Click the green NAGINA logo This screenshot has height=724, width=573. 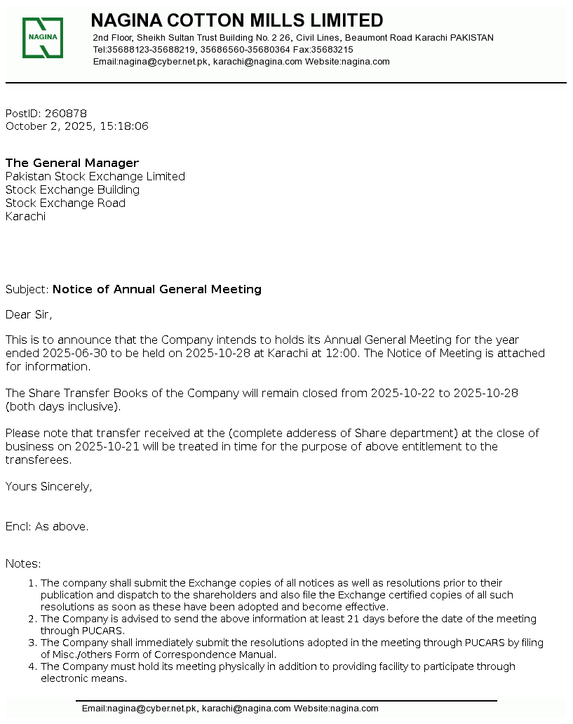(43, 37)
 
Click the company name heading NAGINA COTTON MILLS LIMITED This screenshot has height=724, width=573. (237, 20)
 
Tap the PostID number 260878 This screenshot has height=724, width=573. (66, 114)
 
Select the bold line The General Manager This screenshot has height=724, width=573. (72, 163)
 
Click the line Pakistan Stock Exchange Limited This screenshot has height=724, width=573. (95, 177)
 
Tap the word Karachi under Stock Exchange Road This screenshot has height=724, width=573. (25, 217)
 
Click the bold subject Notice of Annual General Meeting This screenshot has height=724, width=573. (157, 289)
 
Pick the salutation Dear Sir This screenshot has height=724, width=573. (29, 314)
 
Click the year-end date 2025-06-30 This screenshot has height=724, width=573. (75, 353)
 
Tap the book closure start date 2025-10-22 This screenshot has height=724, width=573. (403, 393)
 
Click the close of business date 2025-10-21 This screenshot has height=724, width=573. (95, 446)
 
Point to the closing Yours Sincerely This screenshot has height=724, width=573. (48, 486)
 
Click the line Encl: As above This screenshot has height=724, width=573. (47, 527)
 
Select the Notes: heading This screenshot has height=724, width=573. (23, 563)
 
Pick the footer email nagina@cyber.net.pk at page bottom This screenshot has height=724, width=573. (152, 709)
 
